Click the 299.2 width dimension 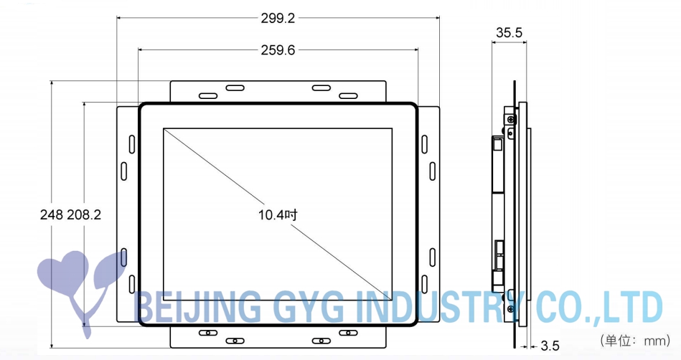click(x=278, y=18)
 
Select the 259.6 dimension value click(x=278, y=50)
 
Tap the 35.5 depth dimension click(x=509, y=32)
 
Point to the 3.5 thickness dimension click(x=550, y=346)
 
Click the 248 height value click(x=52, y=214)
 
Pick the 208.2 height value click(x=84, y=214)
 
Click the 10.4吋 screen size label click(x=278, y=214)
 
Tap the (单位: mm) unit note click(x=635, y=341)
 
